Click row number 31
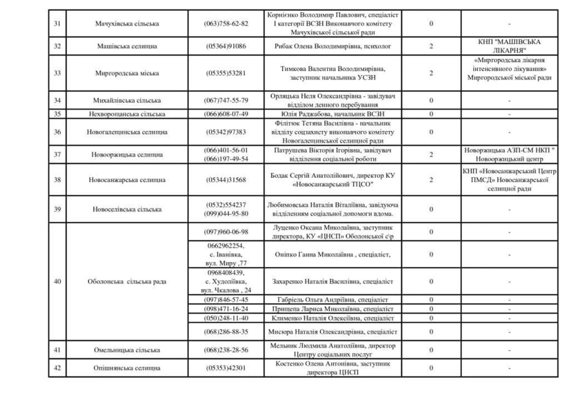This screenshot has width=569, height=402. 57,24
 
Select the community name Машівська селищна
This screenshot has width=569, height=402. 127,46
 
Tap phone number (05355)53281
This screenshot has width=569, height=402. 226,73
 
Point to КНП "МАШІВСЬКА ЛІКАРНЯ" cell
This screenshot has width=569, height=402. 509,46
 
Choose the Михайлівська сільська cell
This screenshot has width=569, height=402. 127,100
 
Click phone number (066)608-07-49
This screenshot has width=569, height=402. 226,114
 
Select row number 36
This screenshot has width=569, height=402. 57,132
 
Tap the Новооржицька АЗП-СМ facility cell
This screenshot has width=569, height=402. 509,155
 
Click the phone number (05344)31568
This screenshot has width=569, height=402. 226,180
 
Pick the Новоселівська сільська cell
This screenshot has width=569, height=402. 127,209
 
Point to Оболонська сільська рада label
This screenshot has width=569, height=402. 127,282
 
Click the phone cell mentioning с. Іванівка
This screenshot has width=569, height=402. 226,255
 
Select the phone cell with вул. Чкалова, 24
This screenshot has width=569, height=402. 226,282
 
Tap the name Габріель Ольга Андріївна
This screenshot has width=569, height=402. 332,300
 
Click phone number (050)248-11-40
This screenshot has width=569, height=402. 226,318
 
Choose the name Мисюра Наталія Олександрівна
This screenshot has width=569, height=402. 332,332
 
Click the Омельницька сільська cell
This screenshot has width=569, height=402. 127,350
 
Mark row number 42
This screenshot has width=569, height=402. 57,368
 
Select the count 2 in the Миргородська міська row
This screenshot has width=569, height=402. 431,73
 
